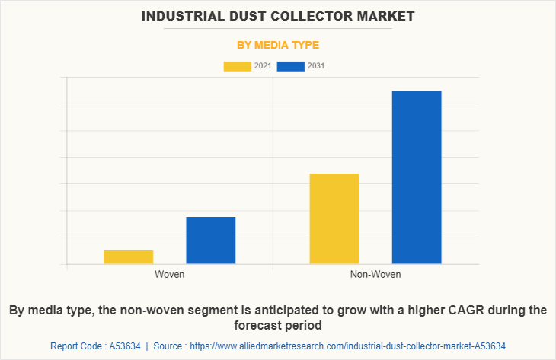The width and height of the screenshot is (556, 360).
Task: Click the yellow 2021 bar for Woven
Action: [128, 257]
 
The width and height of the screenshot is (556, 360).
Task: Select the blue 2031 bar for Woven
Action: [210, 241]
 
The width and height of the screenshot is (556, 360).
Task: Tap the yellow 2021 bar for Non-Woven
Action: [334, 218]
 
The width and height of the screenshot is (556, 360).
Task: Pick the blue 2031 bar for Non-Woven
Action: [417, 177]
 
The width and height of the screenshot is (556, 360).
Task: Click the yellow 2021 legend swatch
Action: [237, 66]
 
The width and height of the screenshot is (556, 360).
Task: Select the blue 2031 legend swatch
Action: [291, 66]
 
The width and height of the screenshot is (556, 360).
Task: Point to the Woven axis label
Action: [169, 274]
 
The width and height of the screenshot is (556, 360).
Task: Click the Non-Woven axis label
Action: [375, 274]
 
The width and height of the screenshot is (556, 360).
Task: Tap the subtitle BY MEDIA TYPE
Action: [278, 45]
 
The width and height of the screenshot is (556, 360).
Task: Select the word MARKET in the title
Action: [386, 15]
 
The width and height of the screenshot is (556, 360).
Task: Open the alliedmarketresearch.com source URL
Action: [348, 346]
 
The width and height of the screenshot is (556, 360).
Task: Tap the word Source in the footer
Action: [168, 346]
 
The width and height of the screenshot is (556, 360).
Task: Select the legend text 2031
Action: [316, 66]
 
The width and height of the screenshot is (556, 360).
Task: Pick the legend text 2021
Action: [263, 66]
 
